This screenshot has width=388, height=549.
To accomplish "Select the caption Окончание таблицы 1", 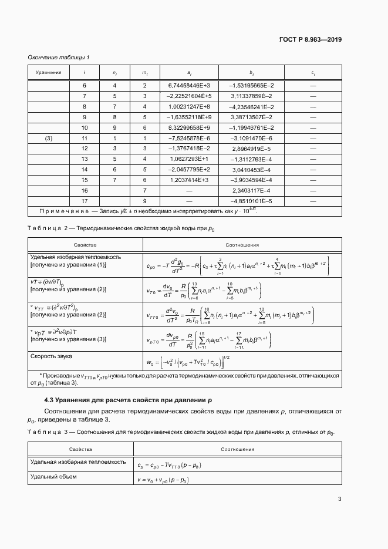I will (x=59, y=57).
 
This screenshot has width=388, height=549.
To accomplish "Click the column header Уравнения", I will (x=49, y=72).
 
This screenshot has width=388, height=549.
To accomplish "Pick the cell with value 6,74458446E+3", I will (x=189, y=85).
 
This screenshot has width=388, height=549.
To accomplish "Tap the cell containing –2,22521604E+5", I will (x=189, y=96).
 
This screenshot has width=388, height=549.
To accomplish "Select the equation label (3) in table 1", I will (x=49, y=138).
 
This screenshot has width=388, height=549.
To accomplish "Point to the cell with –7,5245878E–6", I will (x=189, y=138).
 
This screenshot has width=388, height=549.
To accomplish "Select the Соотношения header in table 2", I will (x=242, y=245).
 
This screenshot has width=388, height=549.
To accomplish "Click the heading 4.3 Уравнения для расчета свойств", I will (x=124, y=400).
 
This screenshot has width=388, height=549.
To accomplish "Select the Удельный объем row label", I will (x=53, y=476).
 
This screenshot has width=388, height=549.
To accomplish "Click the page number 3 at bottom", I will (x=339, y=499).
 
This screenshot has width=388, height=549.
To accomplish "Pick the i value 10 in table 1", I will (x=85, y=127).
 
